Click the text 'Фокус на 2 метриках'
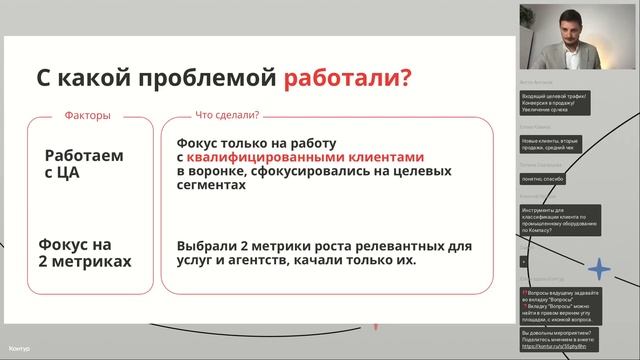(x=84, y=250)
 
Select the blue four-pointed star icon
(x=599, y=269)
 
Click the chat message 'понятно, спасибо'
(x=543, y=178)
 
